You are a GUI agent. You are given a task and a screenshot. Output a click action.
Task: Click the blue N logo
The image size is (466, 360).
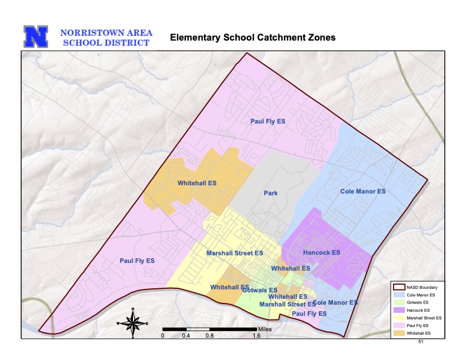(35, 36)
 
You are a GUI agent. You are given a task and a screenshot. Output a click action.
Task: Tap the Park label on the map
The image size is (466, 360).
(271, 193)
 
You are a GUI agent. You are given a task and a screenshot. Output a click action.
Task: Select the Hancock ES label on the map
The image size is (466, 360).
(321, 252)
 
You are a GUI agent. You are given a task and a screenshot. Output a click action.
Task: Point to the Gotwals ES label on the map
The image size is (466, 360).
(259, 290)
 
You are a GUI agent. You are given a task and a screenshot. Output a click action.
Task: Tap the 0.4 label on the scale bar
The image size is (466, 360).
(186, 336)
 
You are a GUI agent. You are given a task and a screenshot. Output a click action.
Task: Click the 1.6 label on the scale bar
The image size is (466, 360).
(257, 336)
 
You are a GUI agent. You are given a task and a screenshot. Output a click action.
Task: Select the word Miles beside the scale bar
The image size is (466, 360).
(265, 328)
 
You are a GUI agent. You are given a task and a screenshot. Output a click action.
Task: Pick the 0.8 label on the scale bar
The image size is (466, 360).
(209, 336)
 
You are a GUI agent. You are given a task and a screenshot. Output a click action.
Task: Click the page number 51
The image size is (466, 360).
(421, 341)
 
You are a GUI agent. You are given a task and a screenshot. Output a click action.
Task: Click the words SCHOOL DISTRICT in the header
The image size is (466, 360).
(106, 42)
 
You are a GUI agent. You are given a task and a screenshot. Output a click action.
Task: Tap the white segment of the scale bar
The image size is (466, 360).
(198, 328)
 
